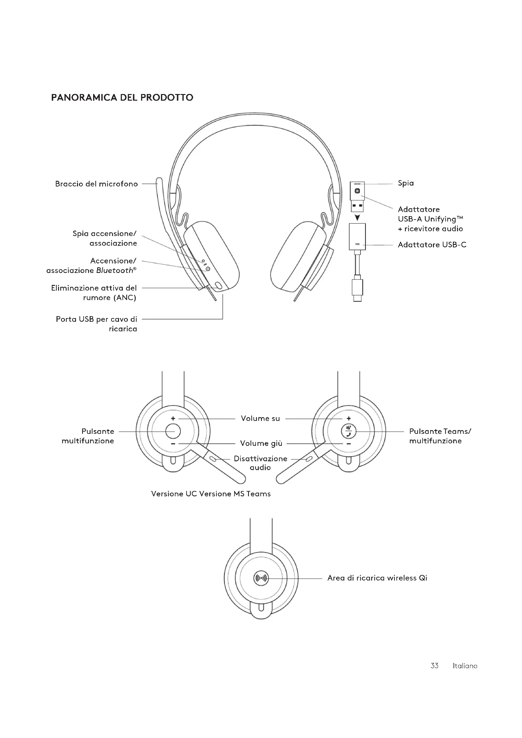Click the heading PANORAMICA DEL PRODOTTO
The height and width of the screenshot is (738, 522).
pyautogui.click(x=122, y=97)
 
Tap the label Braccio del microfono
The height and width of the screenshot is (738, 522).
pyautogui.click(x=97, y=184)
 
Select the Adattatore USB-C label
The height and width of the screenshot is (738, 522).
pyautogui.click(x=432, y=245)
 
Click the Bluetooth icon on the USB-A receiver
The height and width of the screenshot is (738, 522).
pyautogui.click(x=357, y=191)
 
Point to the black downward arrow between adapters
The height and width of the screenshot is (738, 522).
pyautogui.click(x=357, y=218)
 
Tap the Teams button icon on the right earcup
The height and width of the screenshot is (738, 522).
pyautogui.click(x=349, y=431)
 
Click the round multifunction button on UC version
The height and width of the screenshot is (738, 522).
pyautogui.click(x=173, y=431)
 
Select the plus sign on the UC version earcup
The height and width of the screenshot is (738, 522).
pyautogui.click(x=173, y=418)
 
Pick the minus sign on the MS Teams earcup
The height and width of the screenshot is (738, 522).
pyautogui.click(x=349, y=444)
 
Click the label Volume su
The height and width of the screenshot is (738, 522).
pyautogui.click(x=260, y=418)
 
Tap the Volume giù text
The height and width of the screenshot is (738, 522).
pyautogui.click(x=261, y=444)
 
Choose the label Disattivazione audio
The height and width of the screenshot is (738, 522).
pyautogui.click(x=260, y=463)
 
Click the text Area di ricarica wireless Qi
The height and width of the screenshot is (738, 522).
pyautogui.click(x=377, y=578)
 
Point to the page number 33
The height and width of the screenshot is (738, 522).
pyautogui.click(x=434, y=666)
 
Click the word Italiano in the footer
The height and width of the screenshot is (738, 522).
pyautogui.click(x=465, y=666)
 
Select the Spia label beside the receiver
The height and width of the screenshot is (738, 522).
pyautogui.click(x=406, y=183)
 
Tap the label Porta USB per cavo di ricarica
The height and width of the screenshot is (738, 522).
pyautogui.click(x=97, y=324)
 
